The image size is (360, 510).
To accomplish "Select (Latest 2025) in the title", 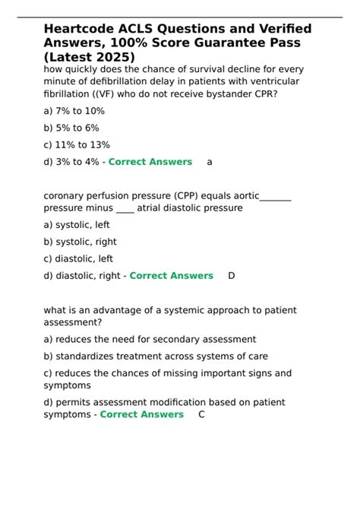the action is [90, 58].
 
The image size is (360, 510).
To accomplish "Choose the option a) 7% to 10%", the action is [74, 111].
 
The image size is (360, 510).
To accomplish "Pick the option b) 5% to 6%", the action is [71, 128].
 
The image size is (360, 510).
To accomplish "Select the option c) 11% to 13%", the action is [77, 144].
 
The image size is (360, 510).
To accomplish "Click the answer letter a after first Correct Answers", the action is [210, 162].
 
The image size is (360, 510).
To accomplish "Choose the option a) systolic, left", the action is [77, 225].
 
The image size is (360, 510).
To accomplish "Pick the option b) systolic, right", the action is [80, 242].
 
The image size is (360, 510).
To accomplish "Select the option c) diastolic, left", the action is [78, 258].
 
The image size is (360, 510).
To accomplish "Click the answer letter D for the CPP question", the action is [232, 276].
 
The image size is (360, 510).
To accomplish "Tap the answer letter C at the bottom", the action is [201, 414].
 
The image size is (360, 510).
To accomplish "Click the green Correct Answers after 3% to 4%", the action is [150, 162].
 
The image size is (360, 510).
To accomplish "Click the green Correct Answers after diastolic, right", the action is [171, 276].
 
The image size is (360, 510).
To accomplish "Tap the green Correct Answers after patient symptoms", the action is [141, 414].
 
